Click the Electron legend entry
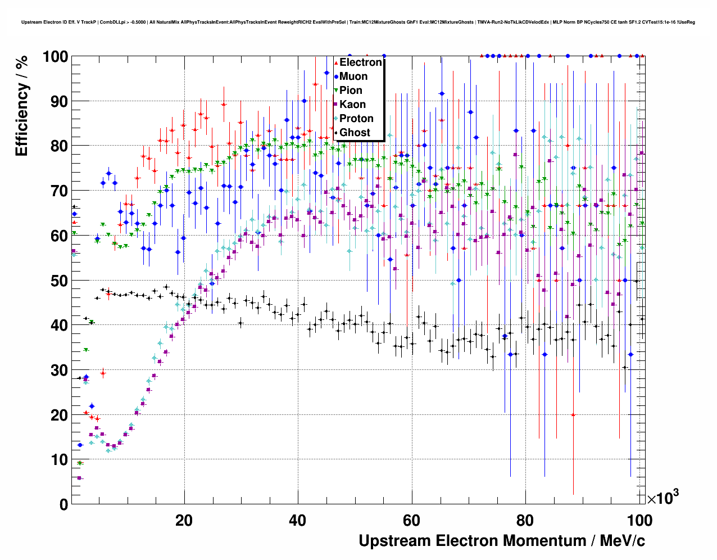click(x=360, y=62)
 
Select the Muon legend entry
click(x=353, y=76)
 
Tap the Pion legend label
click(x=351, y=91)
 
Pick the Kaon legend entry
click(x=352, y=105)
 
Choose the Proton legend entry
click(x=356, y=119)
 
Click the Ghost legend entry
click(x=355, y=133)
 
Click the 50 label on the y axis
click(x=59, y=281)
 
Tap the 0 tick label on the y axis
click(x=63, y=504)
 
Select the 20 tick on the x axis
click(x=184, y=520)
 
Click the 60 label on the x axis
click(x=411, y=520)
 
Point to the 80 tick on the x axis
click(x=525, y=520)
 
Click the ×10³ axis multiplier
click(x=662, y=498)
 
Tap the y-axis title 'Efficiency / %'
click(x=22, y=107)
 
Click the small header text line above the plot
click(x=358, y=22)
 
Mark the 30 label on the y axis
click(x=59, y=370)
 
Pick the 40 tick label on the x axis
click(x=298, y=520)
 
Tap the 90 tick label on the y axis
click(x=59, y=101)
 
